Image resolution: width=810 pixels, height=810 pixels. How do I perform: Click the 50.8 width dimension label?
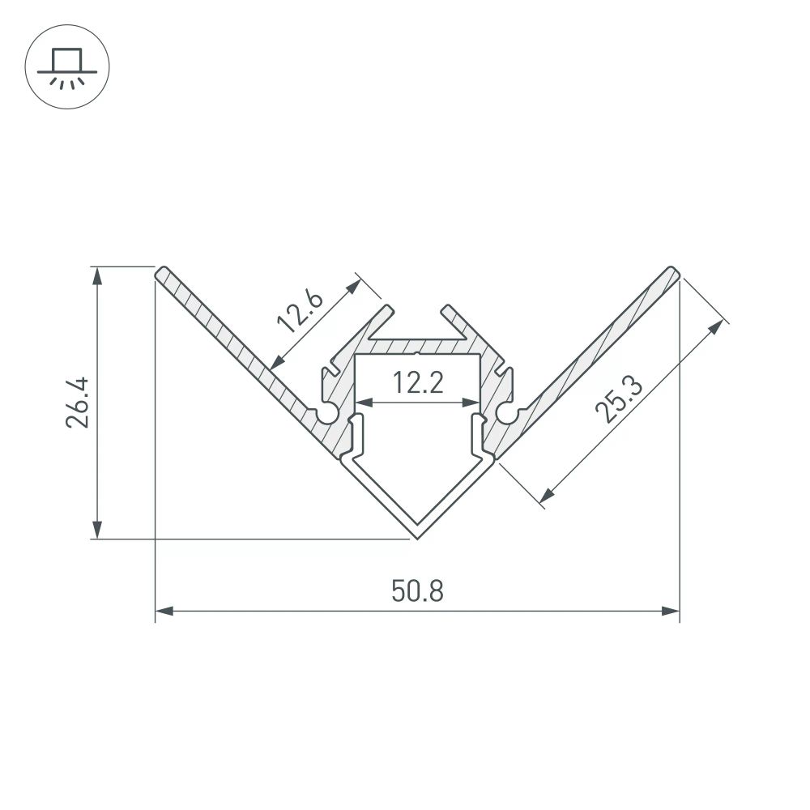pyautogui.click(x=417, y=590)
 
